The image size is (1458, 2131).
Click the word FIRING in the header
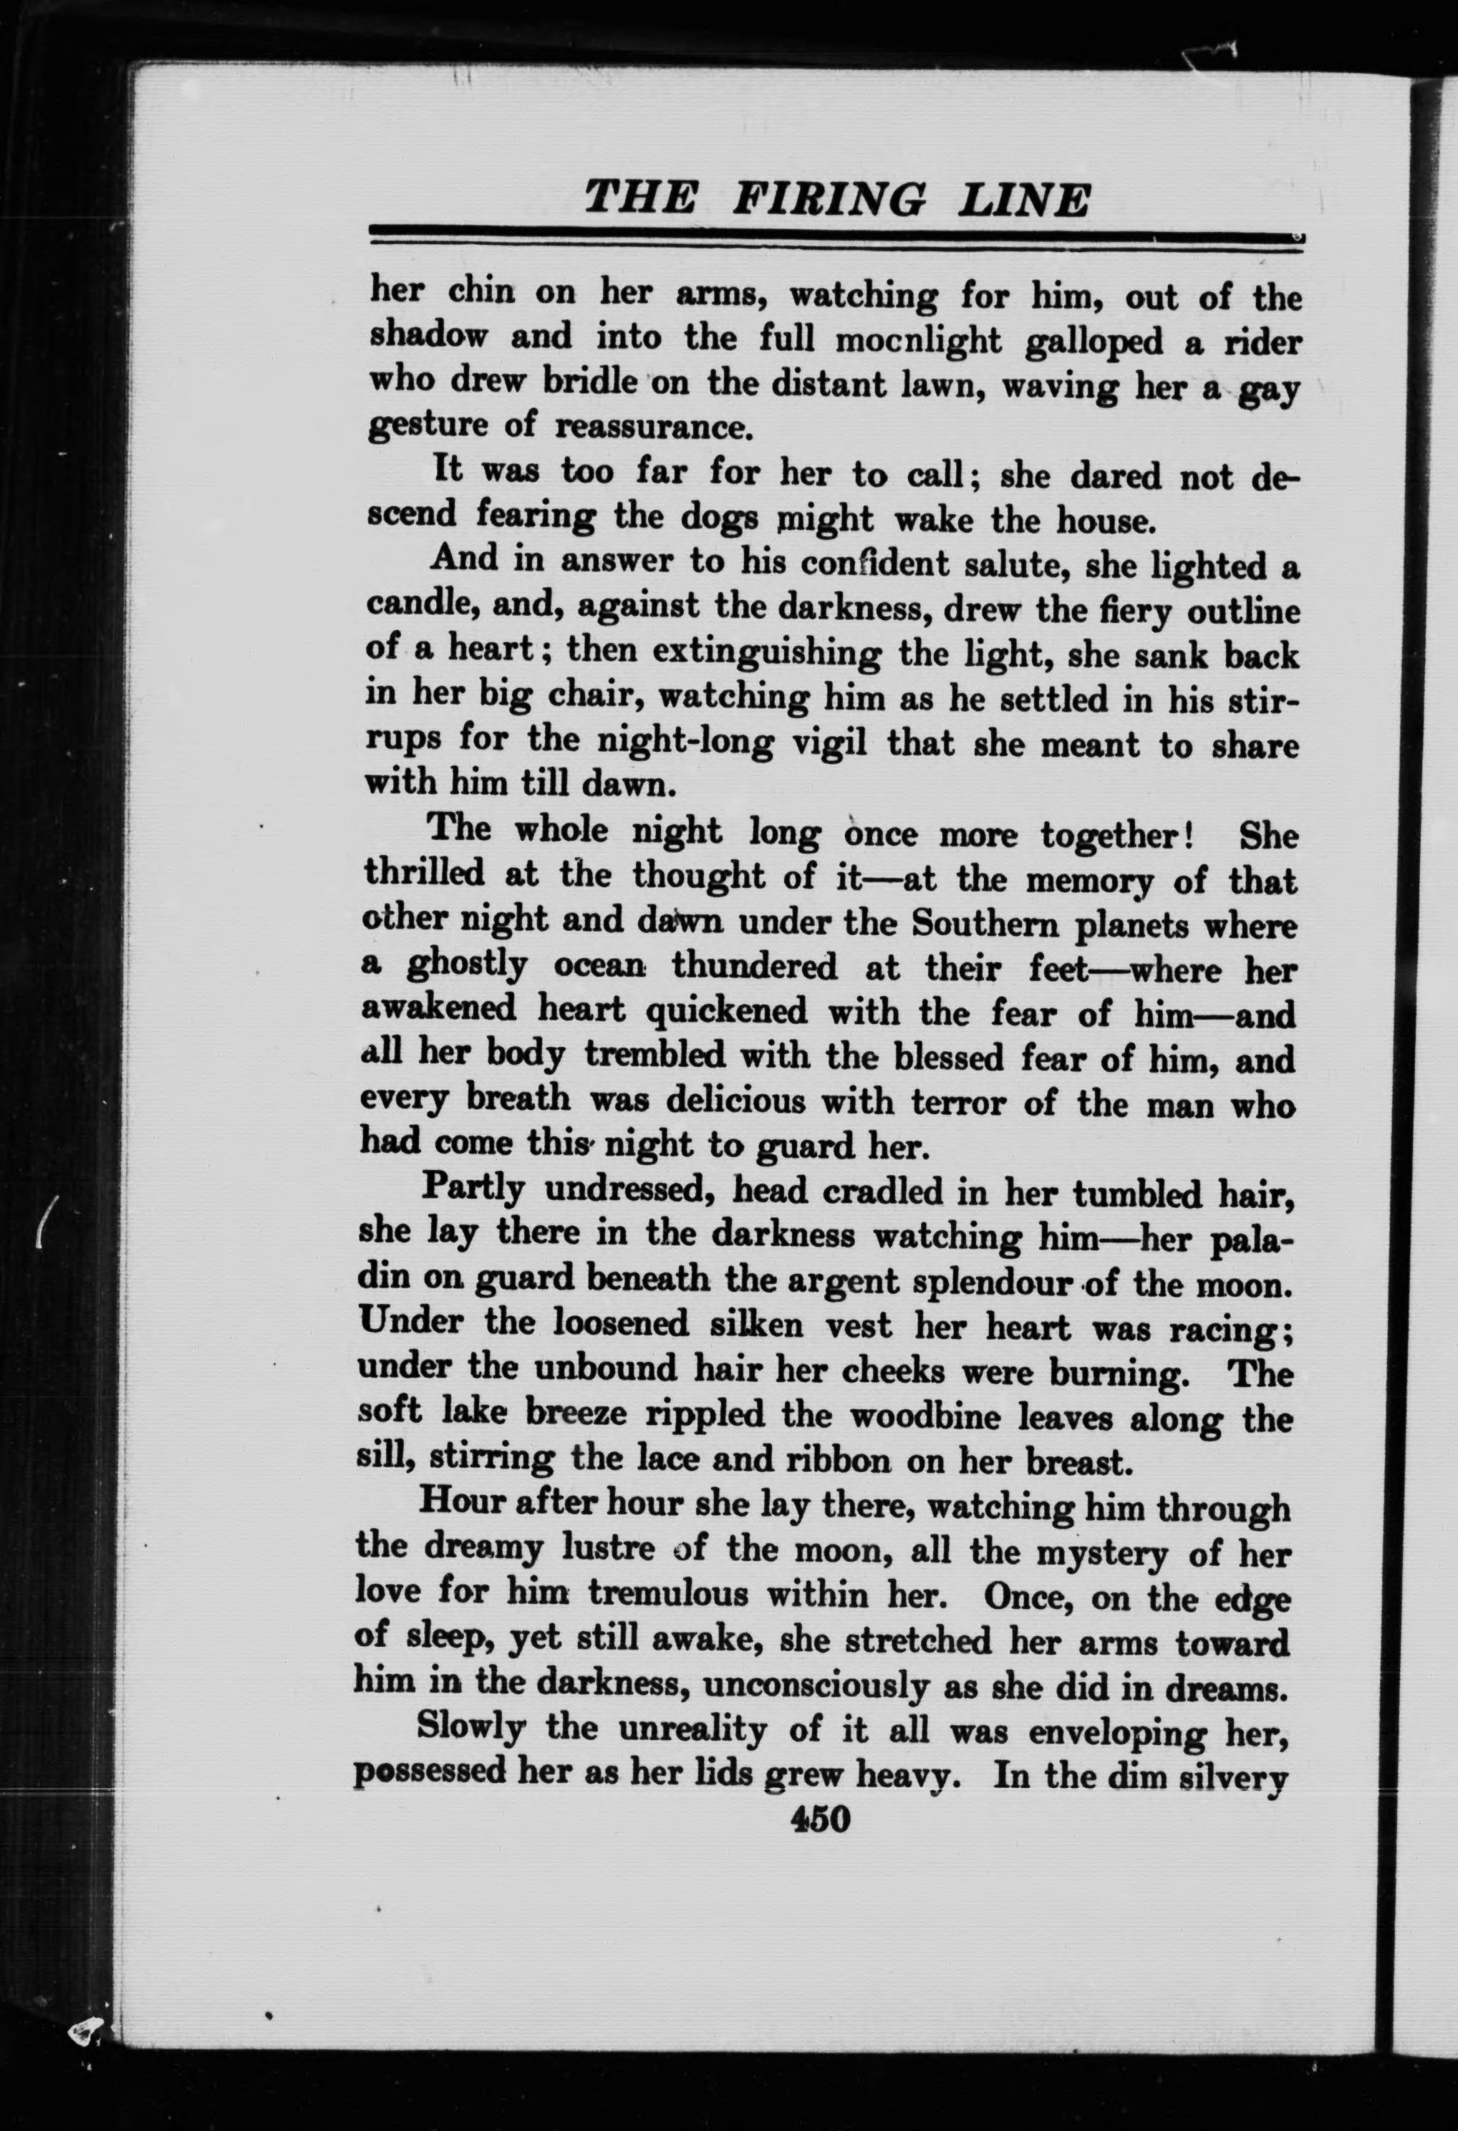[x=829, y=198]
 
